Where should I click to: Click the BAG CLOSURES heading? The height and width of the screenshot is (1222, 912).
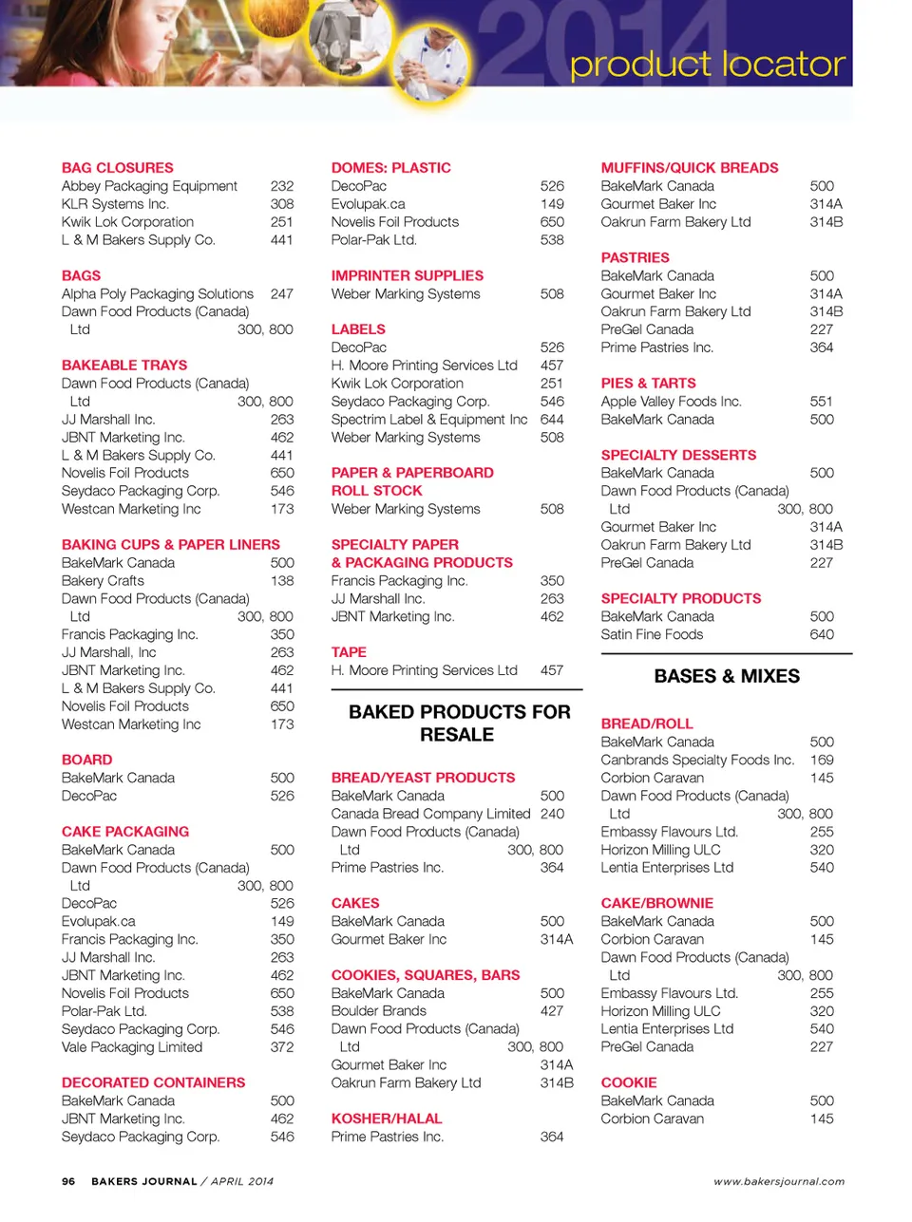[118, 168]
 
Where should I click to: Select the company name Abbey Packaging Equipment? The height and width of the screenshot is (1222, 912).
[149, 186]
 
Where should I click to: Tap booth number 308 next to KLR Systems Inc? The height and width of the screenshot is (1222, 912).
[282, 204]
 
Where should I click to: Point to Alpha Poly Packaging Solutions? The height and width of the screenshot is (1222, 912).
[158, 294]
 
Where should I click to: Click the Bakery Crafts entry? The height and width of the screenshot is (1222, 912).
[103, 581]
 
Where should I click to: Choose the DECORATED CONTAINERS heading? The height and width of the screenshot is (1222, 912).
[153, 1082]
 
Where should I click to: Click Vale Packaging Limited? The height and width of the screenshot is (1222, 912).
[132, 1047]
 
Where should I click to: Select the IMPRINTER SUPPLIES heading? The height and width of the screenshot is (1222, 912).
[407, 276]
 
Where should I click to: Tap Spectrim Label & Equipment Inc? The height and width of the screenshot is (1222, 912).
[428, 420]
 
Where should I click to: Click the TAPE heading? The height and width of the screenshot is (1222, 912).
[349, 652]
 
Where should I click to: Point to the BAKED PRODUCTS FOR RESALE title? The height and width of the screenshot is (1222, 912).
[459, 724]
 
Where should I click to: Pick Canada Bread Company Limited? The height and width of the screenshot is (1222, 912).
[430, 814]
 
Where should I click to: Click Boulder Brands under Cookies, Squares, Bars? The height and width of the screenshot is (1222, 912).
[378, 1011]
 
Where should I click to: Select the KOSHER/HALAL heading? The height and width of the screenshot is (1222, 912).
[387, 1119]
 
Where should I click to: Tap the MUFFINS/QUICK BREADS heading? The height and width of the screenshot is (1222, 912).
[689, 168]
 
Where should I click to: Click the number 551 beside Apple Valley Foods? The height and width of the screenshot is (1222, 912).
[821, 402]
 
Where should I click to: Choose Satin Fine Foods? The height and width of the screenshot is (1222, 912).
[652, 635]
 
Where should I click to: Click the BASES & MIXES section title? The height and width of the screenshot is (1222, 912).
[727, 676]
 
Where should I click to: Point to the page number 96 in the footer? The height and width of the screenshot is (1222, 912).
[68, 1182]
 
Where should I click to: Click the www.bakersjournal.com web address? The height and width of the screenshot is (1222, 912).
[779, 1182]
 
